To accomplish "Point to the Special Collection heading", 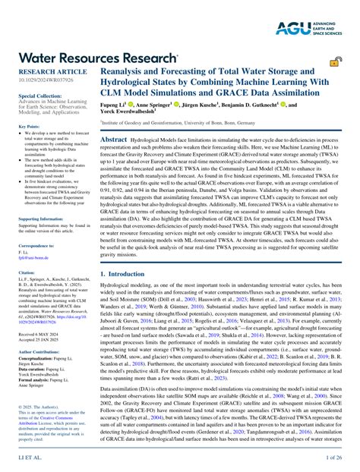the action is tap(36, 97).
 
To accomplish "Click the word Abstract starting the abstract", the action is tap(113, 140).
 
